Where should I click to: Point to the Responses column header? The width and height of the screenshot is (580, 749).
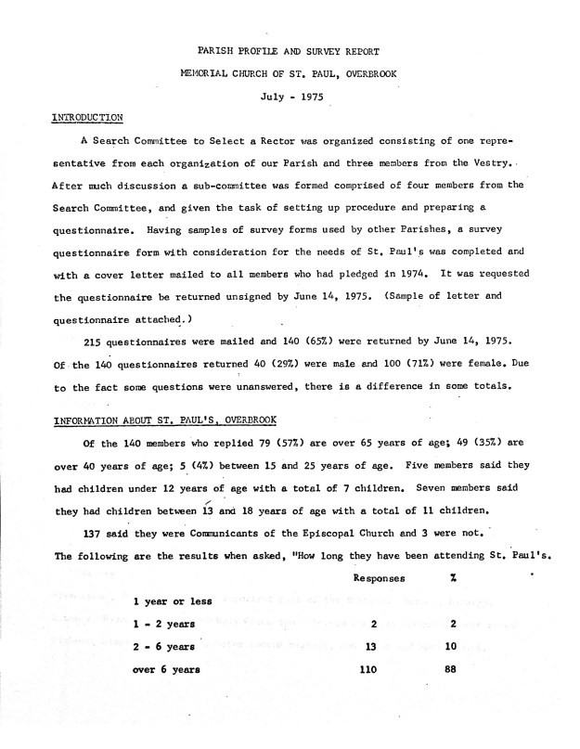(379, 578)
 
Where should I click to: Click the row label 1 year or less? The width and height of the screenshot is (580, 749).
(173, 601)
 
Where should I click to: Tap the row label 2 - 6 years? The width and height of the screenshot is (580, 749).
(163, 647)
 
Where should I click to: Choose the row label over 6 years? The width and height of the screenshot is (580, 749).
(166, 669)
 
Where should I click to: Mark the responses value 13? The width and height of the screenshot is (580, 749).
(372, 647)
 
